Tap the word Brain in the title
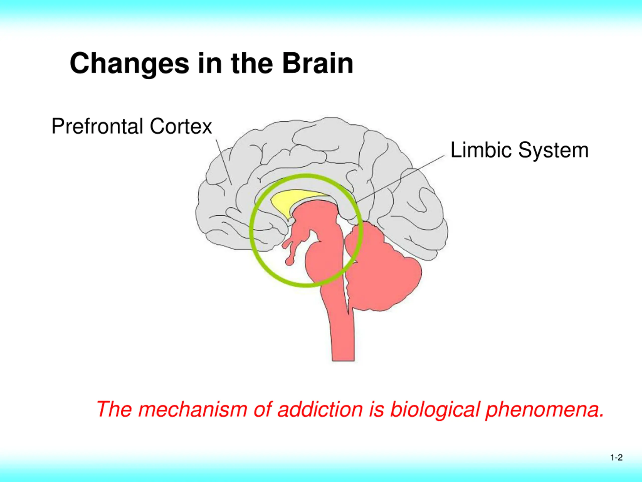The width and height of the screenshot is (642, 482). click(318, 63)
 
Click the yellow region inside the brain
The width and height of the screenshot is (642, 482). click(293, 201)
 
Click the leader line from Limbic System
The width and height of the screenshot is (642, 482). click(400, 179)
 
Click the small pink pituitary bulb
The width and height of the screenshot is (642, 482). click(289, 262)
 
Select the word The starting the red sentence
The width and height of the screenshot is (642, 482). click(114, 409)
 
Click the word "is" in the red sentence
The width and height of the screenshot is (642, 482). click(376, 409)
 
